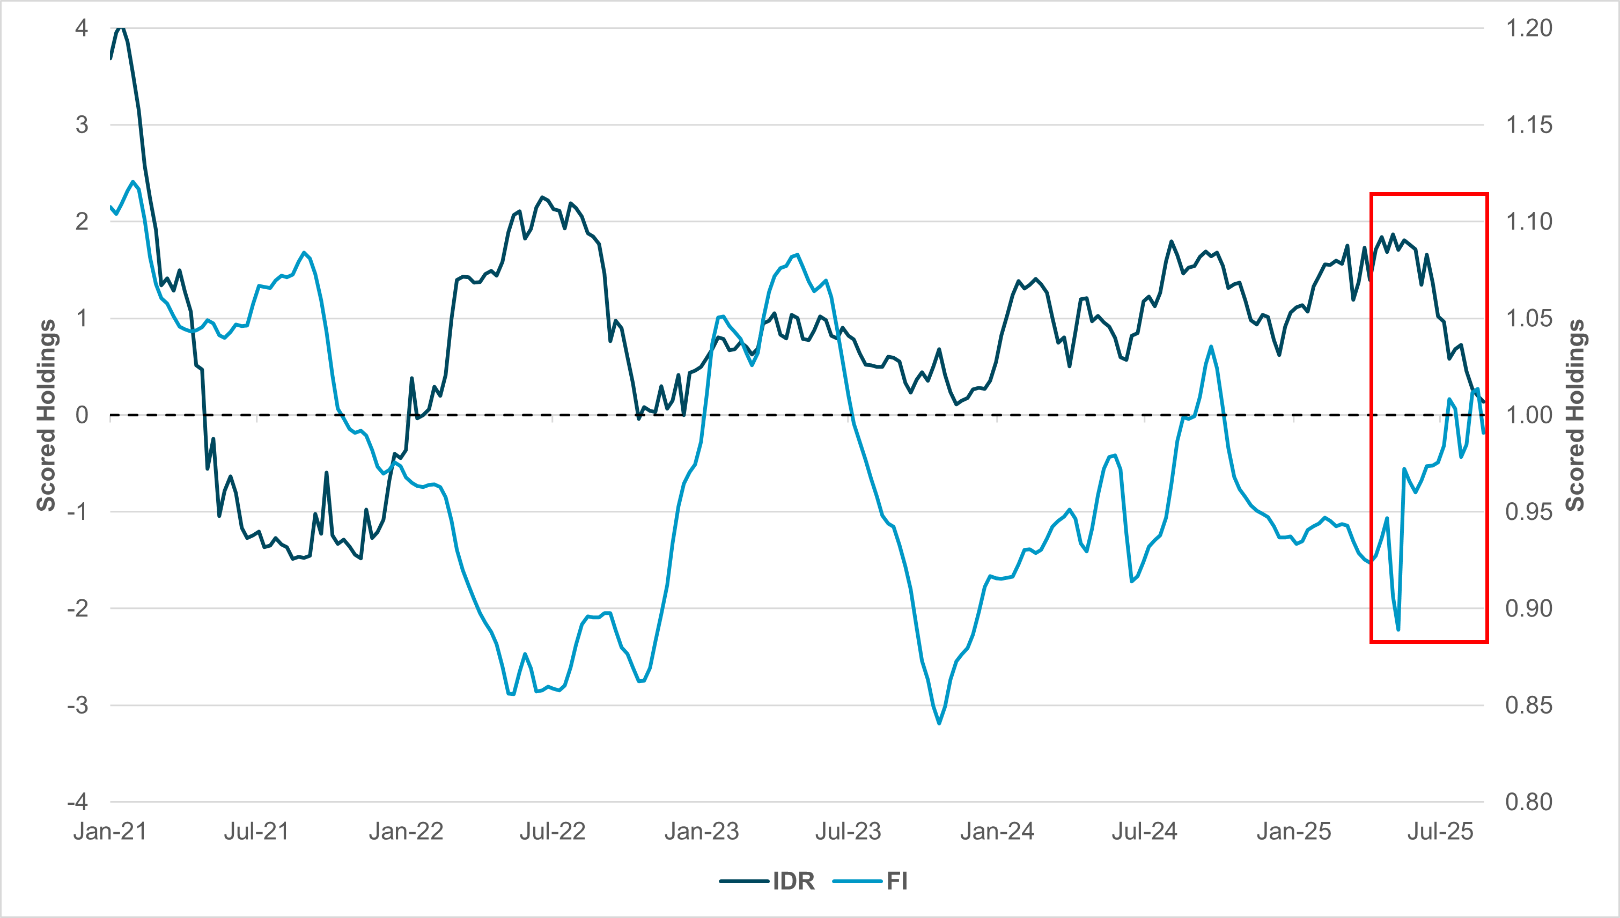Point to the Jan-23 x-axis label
[x=701, y=832]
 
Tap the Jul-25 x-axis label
[x=1440, y=832]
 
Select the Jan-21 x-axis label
[x=111, y=832]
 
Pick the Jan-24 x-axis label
[x=997, y=832]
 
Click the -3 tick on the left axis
[x=78, y=705]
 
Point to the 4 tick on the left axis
[x=82, y=28]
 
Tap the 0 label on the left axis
[x=82, y=415]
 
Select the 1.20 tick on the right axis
[x=1529, y=28]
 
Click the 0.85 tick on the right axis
[x=1529, y=705]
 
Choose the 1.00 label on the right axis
[x=1529, y=415]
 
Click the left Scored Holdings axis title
[x=46, y=415]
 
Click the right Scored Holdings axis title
[x=1574, y=415]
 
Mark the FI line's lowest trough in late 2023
[x=939, y=723]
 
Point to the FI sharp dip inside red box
[x=1398, y=629]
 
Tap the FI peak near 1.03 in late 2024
[x=1211, y=346]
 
